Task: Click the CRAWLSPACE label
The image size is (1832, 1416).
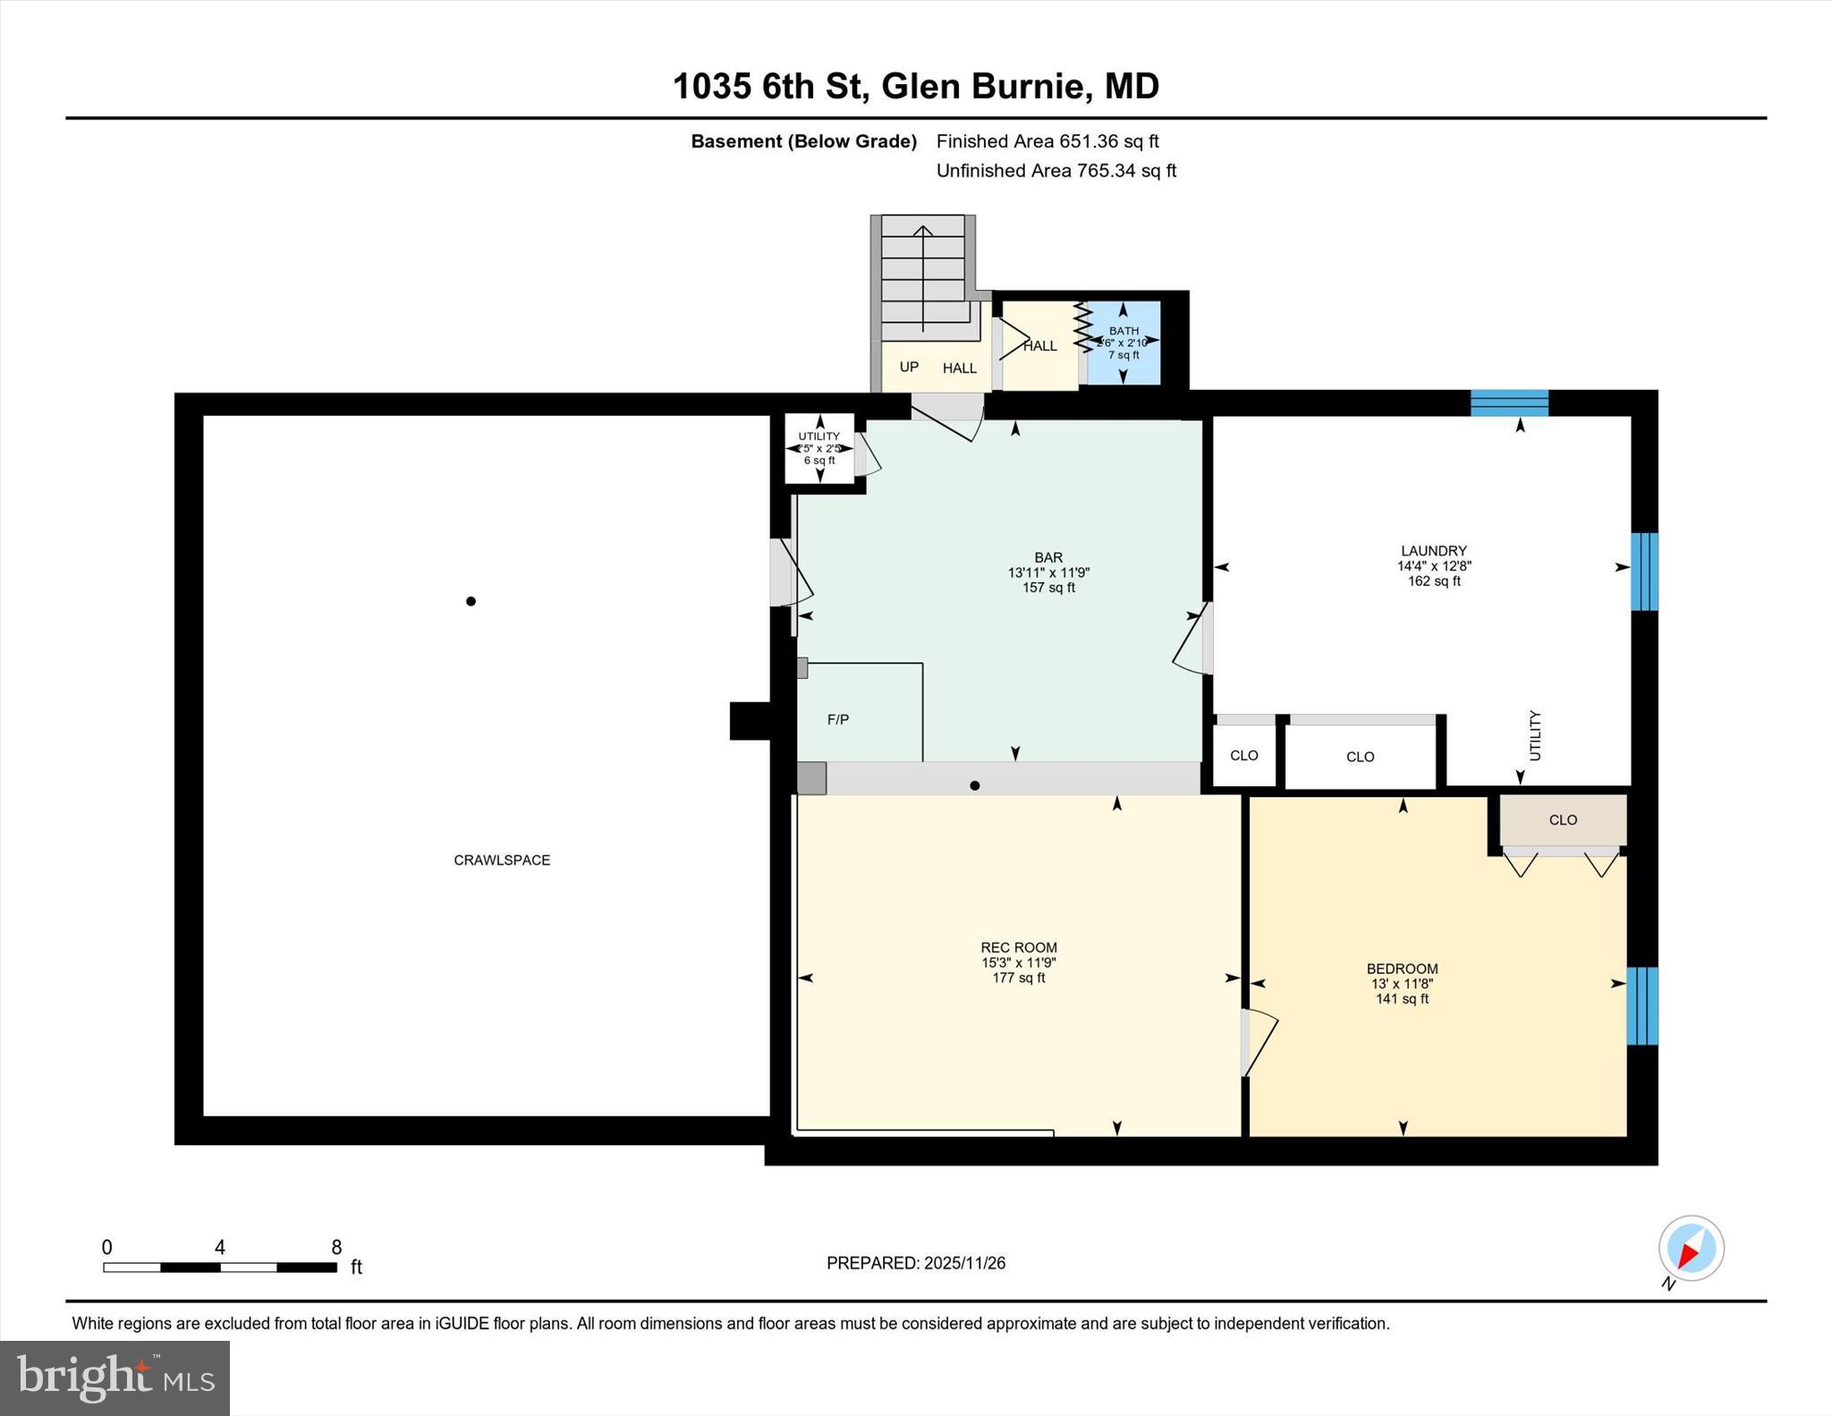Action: click(x=502, y=861)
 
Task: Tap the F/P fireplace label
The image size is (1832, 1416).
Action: click(x=838, y=719)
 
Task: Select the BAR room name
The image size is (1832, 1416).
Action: click(x=1048, y=558)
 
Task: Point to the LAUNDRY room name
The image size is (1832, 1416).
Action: click(x=1434, y=551)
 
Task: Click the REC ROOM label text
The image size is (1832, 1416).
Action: click(x=1019, y=948)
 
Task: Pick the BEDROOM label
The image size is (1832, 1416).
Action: click(x=1402, y=969)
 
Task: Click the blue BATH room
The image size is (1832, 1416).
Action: click(x=1124, y=343)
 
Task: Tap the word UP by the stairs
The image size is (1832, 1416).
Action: click(x=909, y=367)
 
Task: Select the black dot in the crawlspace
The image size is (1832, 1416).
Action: click(x=471, y=601)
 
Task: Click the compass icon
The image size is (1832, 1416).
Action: click(x=1691, y=1248)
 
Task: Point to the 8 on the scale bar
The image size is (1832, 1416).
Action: click(x=336, y=1248)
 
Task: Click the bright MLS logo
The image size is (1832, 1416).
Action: click(x=115, y=1378)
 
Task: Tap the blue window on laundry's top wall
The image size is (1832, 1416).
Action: click(x=1510, y=403)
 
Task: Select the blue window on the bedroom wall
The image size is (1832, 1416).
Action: click(x=1642, y=1005)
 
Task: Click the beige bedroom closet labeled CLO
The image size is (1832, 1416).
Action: click(x=1563, y=820)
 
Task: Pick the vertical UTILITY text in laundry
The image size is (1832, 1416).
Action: click(x=1535, y=735)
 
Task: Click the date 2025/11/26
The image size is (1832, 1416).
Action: click(x=965, y=1263)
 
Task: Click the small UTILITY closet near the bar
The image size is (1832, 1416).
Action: click(x=819, y=448)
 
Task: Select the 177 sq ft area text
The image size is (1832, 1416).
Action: click(x=1019, y=979)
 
